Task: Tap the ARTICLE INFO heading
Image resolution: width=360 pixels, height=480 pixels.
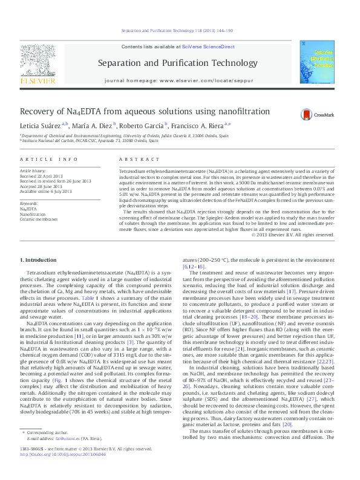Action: click(49, 158)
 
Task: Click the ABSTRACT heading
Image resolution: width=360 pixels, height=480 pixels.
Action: click(126, 158)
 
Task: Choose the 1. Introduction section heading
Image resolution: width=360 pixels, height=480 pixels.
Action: click(41, 259)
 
